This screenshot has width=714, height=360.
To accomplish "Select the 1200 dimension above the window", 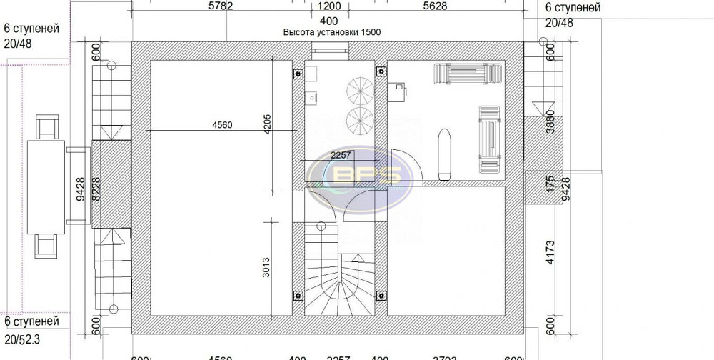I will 329,7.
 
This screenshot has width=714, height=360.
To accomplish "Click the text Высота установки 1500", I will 332,33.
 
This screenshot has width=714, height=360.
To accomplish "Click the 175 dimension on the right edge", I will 550,184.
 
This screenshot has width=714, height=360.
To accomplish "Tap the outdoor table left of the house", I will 46,182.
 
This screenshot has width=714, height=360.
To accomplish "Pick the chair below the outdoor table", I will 47,244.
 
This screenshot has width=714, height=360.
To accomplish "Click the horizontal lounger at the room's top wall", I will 467,74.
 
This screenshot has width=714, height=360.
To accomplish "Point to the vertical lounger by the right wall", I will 489,138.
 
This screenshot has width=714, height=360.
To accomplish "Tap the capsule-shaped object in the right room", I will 444,153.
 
